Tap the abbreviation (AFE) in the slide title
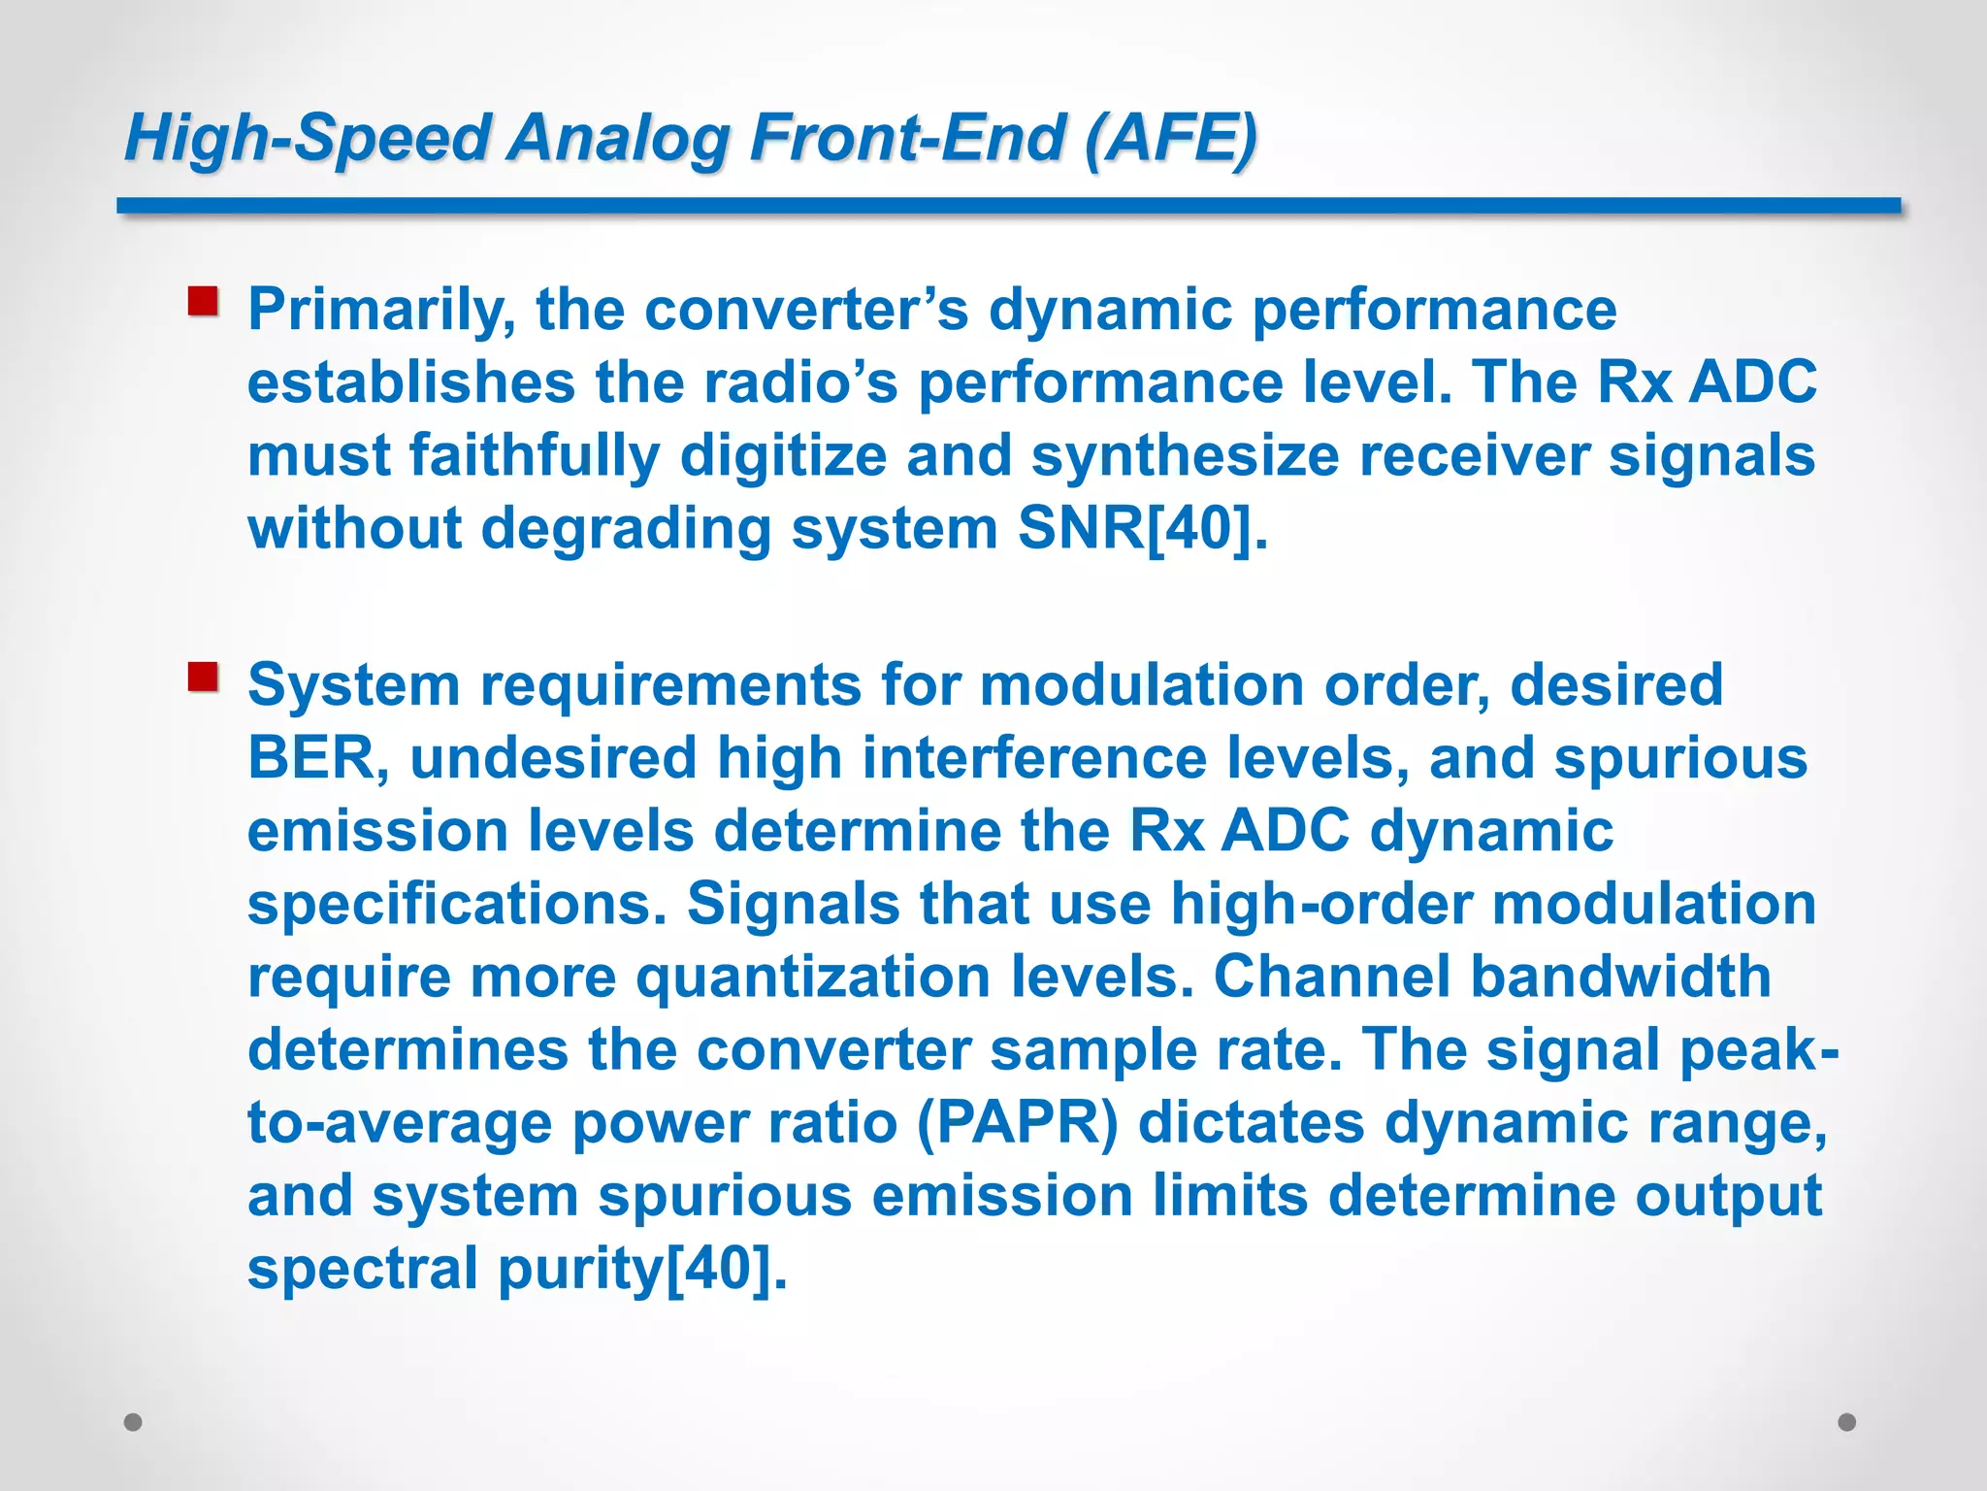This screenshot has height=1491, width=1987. (1170, 138)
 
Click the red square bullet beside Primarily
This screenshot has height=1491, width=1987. (203, 301)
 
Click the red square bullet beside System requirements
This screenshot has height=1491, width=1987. (203, 677)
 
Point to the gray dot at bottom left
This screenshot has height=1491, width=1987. (133, 1422)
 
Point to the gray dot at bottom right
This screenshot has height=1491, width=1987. (1847, 1422)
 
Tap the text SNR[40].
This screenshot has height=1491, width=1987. (1141, 529)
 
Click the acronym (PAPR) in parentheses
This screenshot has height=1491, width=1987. (1016, 1123)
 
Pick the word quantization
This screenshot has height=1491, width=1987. (812, 977)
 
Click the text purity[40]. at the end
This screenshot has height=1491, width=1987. (641, 1269)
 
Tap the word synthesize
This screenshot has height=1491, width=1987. (1185, 456)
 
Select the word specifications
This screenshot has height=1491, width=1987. (457, 905)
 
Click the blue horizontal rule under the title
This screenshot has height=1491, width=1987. (1009, 206)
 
